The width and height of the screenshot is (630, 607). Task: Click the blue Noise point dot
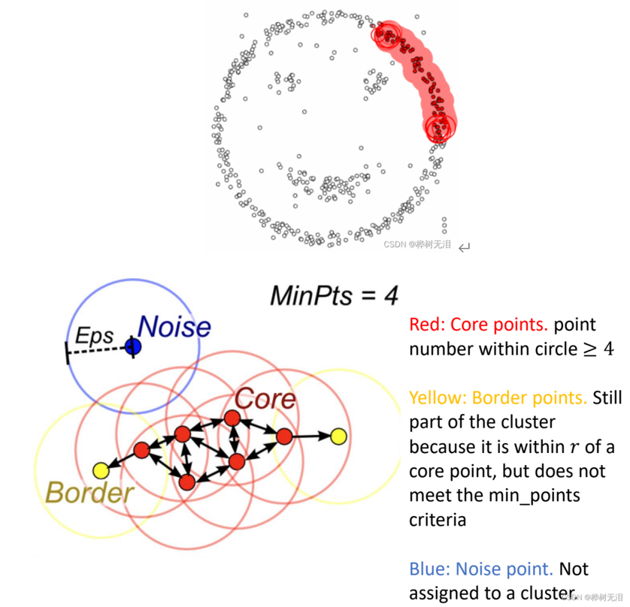pos(133,346)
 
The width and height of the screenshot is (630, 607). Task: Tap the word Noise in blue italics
pos(174,327)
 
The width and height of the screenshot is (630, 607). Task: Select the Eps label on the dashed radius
pos(94,336)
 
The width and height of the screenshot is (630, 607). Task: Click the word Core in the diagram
pos(265,399)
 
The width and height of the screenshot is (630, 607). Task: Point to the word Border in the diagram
pos(89,492)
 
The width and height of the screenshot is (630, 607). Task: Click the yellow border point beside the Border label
pos(100,470)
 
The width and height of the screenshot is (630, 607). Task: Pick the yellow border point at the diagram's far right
pos(338,435)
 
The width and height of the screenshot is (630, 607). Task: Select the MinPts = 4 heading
pos(334,295)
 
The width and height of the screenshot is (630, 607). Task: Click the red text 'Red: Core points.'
pos(478,325)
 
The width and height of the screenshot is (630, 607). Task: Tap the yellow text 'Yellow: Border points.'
pos(498,397)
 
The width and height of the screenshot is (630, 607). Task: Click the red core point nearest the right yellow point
pos(283,436)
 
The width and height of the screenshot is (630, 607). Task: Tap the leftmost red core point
pos(141,450)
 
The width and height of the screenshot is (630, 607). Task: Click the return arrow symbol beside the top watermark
pos(465,246)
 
